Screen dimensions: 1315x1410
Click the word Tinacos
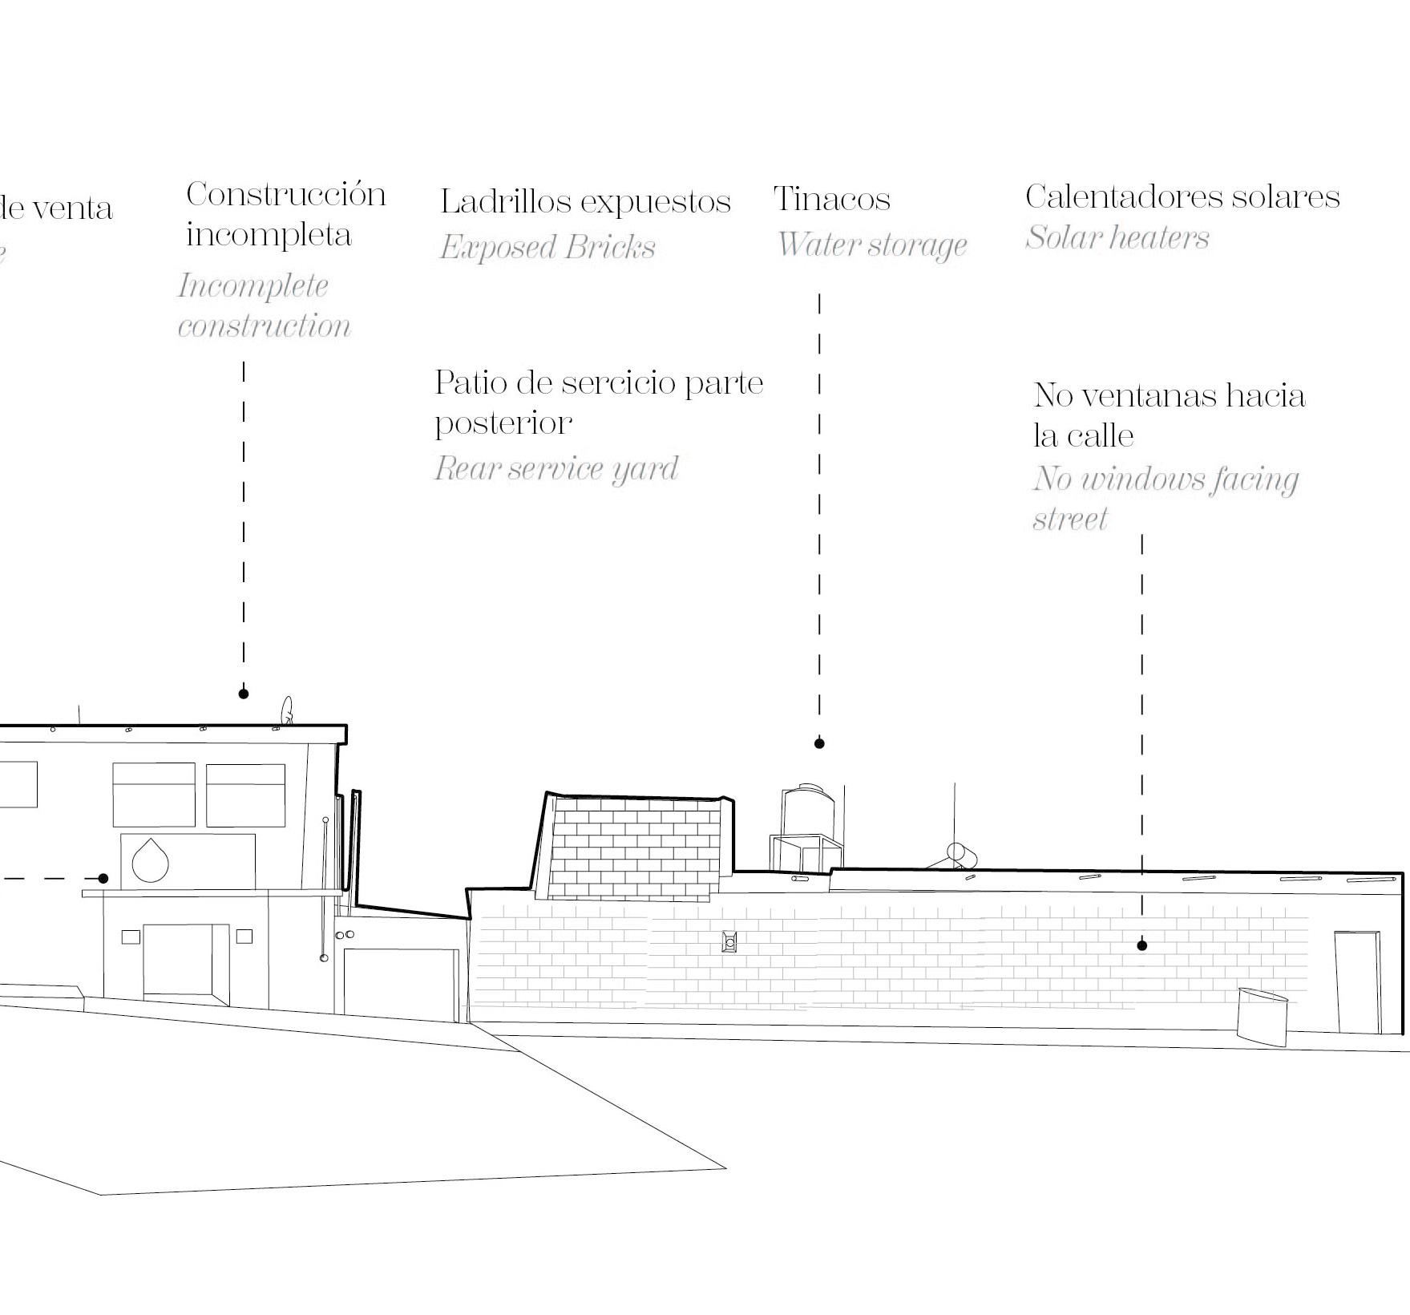coord(832,199)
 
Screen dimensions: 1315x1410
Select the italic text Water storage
coord(872,245)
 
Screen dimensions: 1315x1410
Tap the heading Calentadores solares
coord(1182,196)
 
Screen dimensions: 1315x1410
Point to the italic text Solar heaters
coord(1117,237)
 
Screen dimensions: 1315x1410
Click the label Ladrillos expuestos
coord(585,201)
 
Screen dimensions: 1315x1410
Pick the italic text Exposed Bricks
coord(547,247)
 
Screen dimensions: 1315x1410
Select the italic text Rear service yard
coord(556,468)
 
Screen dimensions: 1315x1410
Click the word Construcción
coord(286,194)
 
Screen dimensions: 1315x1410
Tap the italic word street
coord(1070,519)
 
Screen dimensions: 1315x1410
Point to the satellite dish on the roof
coord(287,710)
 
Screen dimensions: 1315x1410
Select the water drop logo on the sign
coord(150,860)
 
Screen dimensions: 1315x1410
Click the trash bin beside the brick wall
coord(1262,1016)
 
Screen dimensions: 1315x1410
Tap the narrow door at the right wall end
coord(1357,981)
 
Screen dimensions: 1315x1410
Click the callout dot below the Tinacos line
coord(819,743)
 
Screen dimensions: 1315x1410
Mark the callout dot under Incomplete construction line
coord(244,694)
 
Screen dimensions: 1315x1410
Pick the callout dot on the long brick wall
coord(1142,945)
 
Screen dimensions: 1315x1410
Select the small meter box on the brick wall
coord(729,941)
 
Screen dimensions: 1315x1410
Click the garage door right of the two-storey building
coord(401,985)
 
